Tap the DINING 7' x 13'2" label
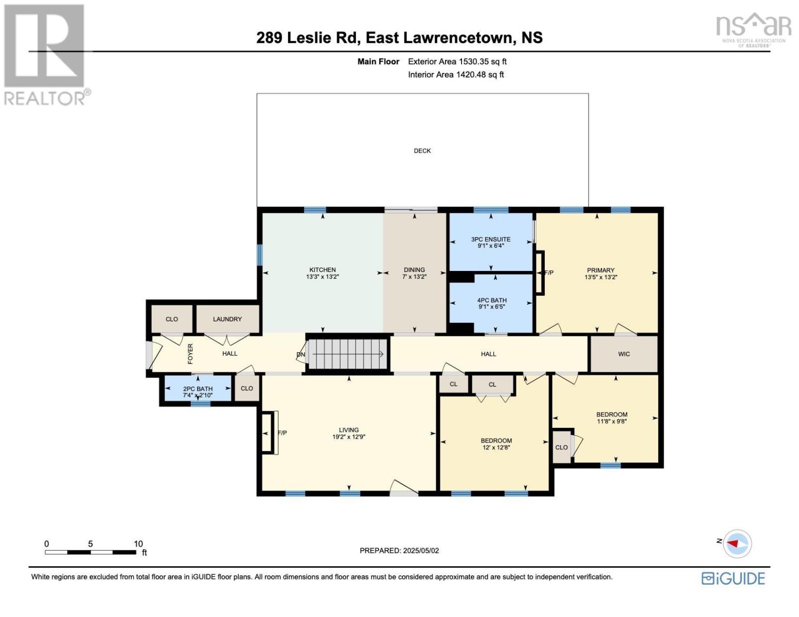[414, 273]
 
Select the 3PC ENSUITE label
[491, 242]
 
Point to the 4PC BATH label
[492, 303]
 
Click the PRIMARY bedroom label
[600, 273]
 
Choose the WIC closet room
[624, 354]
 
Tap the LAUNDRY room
[227, 319]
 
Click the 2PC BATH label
[198, 392]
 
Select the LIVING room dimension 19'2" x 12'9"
[349, 437]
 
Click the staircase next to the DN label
[347, 354]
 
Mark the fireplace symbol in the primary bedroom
[539, 273]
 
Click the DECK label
[422, 151]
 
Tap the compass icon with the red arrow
[737, 543]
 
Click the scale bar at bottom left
[91, 552]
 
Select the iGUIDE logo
[733, 578]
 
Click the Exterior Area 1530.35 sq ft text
[457, 62]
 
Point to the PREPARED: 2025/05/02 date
[399, 550]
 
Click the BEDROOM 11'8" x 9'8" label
[612, 418]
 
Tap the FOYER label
[190, 354]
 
